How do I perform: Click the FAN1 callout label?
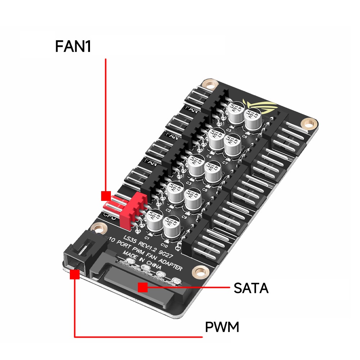73,46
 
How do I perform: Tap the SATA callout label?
251,288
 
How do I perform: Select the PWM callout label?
222,328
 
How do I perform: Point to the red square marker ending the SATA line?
143,287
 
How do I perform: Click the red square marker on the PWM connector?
75,275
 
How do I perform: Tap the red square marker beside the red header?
106,196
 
